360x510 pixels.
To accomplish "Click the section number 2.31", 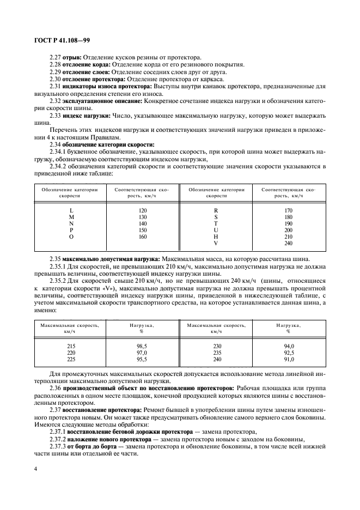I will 55,86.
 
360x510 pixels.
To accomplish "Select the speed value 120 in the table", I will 143,210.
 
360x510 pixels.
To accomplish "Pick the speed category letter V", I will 216,244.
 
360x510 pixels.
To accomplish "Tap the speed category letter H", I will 216,237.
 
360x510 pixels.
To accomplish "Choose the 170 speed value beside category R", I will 289,210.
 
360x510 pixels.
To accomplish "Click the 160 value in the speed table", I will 143,237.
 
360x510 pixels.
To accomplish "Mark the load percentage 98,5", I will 143,346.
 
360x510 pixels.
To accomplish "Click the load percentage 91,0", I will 289,360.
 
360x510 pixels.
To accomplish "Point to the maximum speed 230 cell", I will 216,346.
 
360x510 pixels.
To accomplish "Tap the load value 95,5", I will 143,360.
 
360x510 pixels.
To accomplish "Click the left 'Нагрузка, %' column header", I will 143,328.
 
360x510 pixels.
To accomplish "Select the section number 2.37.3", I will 58,445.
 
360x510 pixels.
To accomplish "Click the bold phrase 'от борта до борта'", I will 94,445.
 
